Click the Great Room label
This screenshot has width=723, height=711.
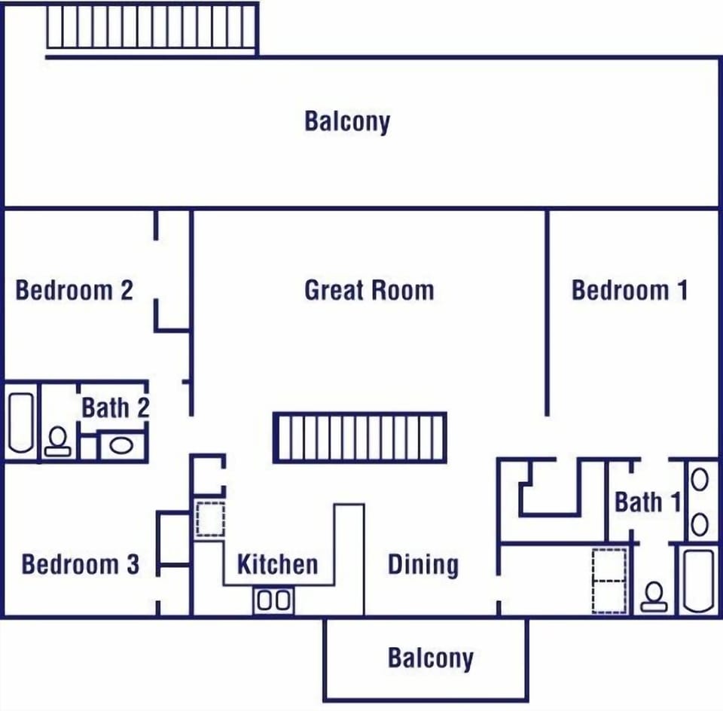point(369,291)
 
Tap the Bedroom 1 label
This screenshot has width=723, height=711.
point(630,291)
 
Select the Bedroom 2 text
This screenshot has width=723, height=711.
point(74,291)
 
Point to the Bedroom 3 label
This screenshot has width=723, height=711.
point(80,565)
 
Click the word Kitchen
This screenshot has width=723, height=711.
point(277,565)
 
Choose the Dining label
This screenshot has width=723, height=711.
point(423,565)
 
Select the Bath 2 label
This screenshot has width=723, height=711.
point(114,409)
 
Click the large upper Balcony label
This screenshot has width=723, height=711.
point(347,121)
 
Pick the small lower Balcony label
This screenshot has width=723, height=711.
point(430,658)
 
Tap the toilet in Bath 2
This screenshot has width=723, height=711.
point(57,441)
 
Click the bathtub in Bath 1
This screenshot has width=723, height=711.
point(698,580)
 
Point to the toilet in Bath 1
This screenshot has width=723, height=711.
point(653,597)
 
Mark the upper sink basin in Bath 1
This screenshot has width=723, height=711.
point(700,480)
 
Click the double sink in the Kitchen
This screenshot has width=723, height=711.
point(273,600)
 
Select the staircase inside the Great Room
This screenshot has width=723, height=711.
point(360,437)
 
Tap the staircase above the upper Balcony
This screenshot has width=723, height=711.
point(151,27)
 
